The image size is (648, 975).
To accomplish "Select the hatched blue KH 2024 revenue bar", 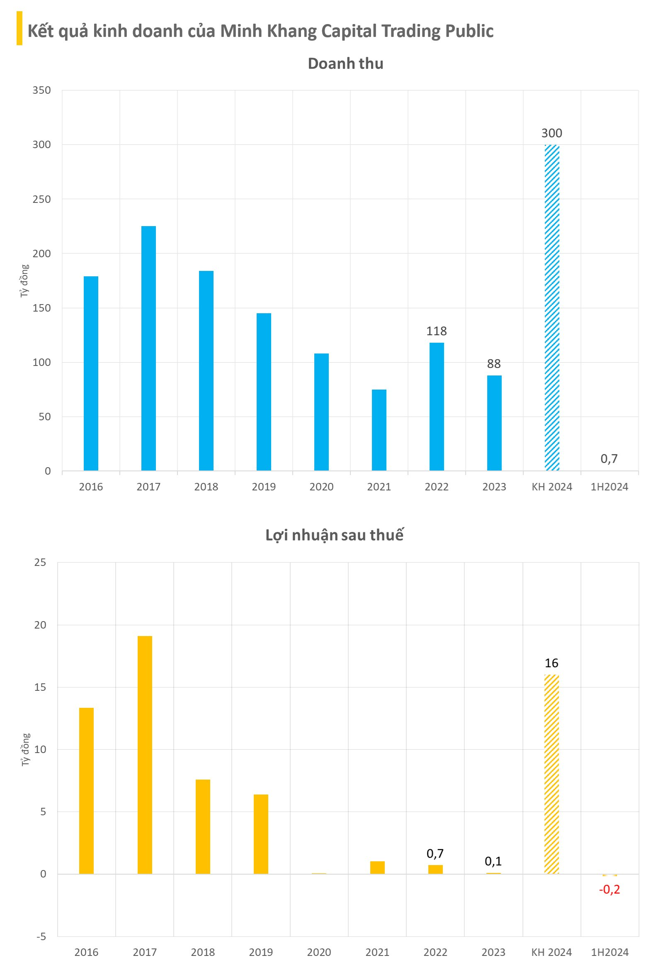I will (x=552, y=307).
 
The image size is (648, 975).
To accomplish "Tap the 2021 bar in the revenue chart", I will (x=379, y=429).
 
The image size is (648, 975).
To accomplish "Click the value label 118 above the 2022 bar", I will (x=436, y=331).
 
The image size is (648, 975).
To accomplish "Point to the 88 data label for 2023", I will (x=494, y=364).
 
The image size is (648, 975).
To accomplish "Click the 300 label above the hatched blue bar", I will (x=552, y=133).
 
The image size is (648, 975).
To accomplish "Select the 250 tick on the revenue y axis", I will (x=41, y=199).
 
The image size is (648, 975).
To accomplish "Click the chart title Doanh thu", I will (x=345, y=63).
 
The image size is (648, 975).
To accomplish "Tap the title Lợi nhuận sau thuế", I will (x=334, y=535).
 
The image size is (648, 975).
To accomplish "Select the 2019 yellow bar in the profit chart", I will (x=261, y=834).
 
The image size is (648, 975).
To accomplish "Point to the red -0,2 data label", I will (x=609, y=889).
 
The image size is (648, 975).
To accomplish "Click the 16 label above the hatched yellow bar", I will (x=551, y=663).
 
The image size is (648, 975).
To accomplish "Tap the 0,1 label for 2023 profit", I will (x=493, y=861).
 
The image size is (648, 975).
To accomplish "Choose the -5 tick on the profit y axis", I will (x=41, y=936).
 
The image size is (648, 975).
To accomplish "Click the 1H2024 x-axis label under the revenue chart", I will (x=609, y=487).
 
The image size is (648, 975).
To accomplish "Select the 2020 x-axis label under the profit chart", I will (x=319, y=952).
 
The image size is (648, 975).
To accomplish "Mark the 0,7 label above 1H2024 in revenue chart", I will (x=609, y=458).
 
